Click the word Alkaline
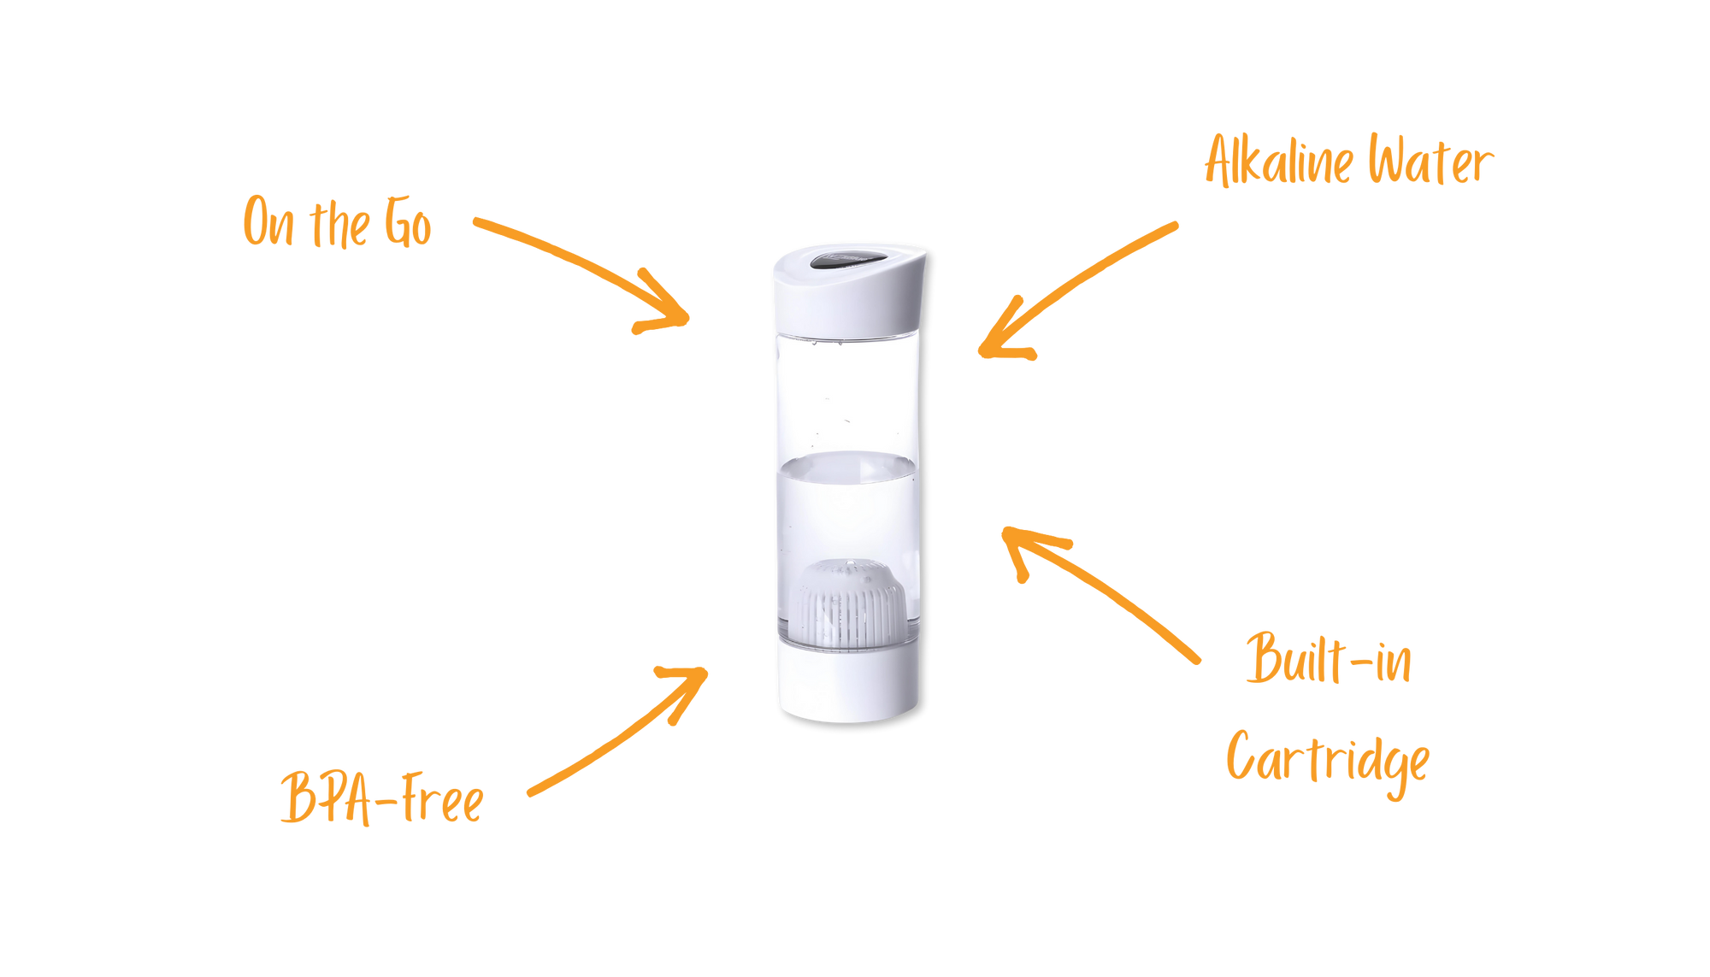pos(1278,161)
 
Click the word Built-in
pos(1328,660)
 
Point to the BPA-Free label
pos(381,798)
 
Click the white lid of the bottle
pos(849,299)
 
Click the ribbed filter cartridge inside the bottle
pos(850,603)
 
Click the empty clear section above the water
pos(848,393)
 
